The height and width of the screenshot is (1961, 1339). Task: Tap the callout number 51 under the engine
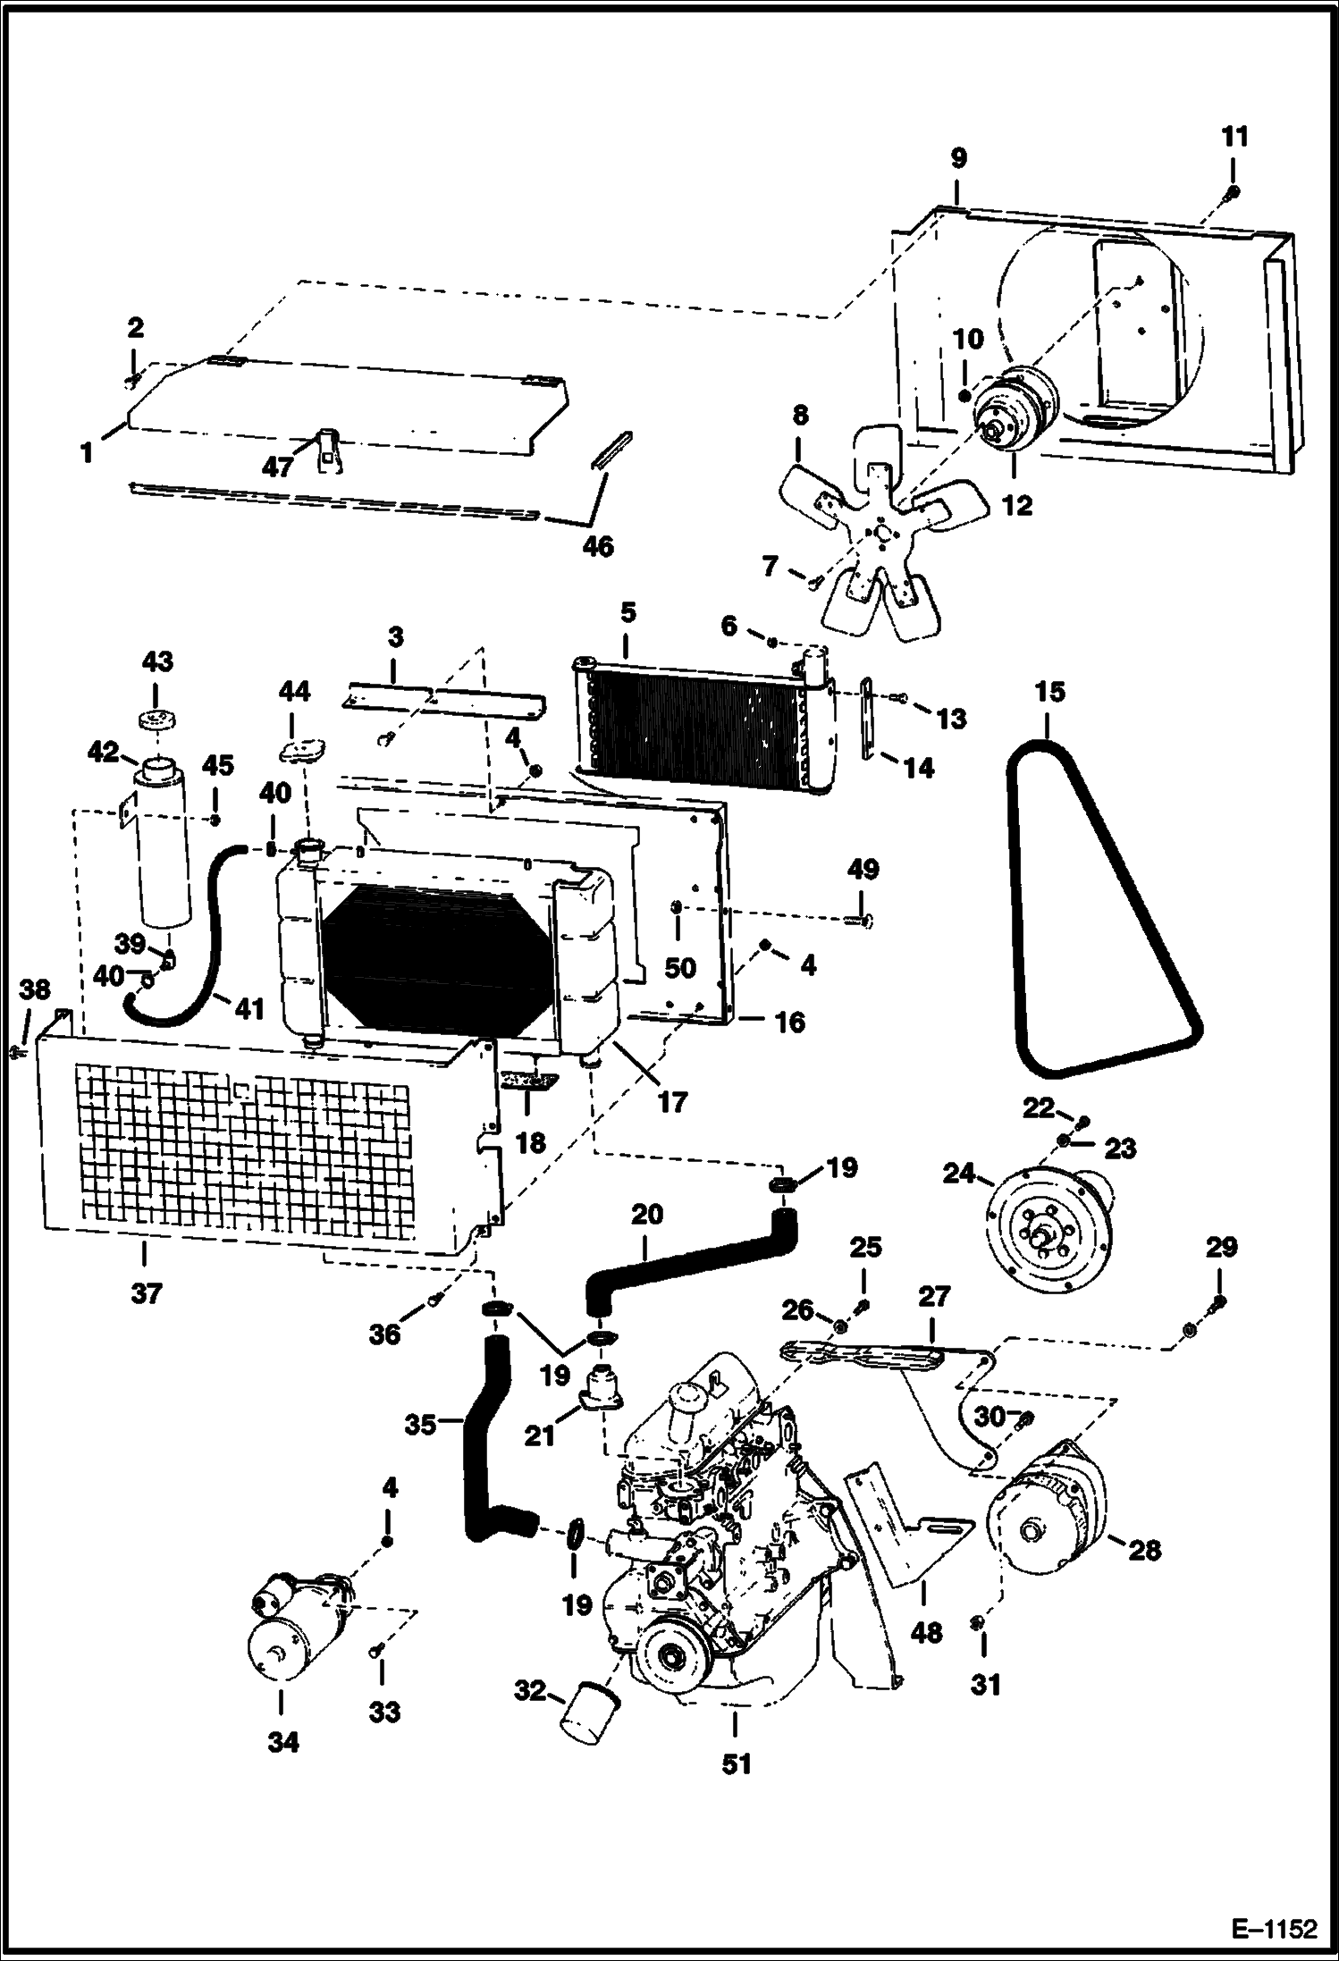coord(736,1763)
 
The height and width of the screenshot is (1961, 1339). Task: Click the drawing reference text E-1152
coord(1275,1927)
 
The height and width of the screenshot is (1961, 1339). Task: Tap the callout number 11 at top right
coord(1234,137)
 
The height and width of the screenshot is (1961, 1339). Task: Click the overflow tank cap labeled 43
coord(156,720)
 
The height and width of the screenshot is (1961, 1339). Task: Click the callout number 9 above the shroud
coord(957,159)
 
